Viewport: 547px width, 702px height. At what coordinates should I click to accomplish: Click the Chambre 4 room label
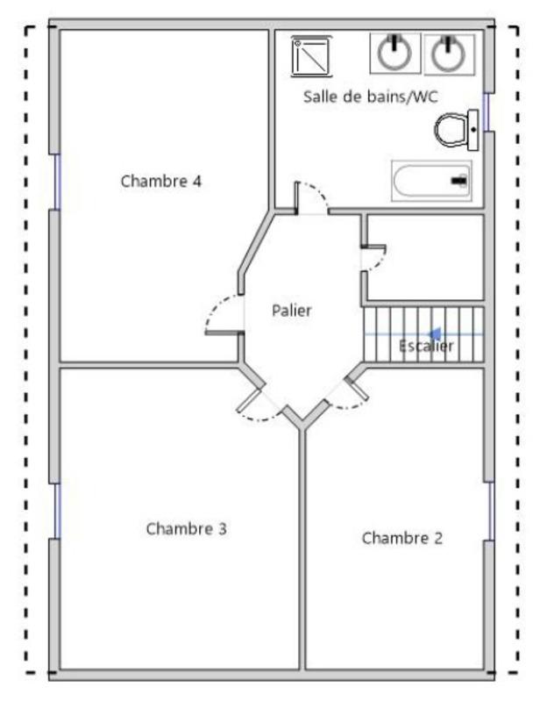click(x=161, y=182)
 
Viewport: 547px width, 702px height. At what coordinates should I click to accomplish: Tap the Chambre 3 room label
click(x=187, y=528)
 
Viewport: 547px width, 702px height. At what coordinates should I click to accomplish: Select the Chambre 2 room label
click(x=402, y=538)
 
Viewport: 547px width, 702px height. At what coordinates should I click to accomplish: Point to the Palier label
click(x=291, y=310)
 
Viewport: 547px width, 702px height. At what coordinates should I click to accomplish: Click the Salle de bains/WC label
click(x=370, y=97)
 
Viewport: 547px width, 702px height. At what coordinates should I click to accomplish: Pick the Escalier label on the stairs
click(x=426, y=347)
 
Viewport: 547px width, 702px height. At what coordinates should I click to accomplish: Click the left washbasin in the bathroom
click(x=394, y=54)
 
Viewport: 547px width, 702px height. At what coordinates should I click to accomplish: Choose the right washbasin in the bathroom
click(x=449, y=54)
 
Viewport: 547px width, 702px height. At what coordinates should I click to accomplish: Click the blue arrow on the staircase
click(x=436, y=333)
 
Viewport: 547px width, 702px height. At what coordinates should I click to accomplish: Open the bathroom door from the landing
click(x=311, y=197)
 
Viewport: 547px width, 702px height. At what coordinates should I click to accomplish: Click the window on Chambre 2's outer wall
click(x=489, y=510)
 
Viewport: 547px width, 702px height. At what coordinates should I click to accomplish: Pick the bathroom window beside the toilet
click(x=487, y=109)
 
